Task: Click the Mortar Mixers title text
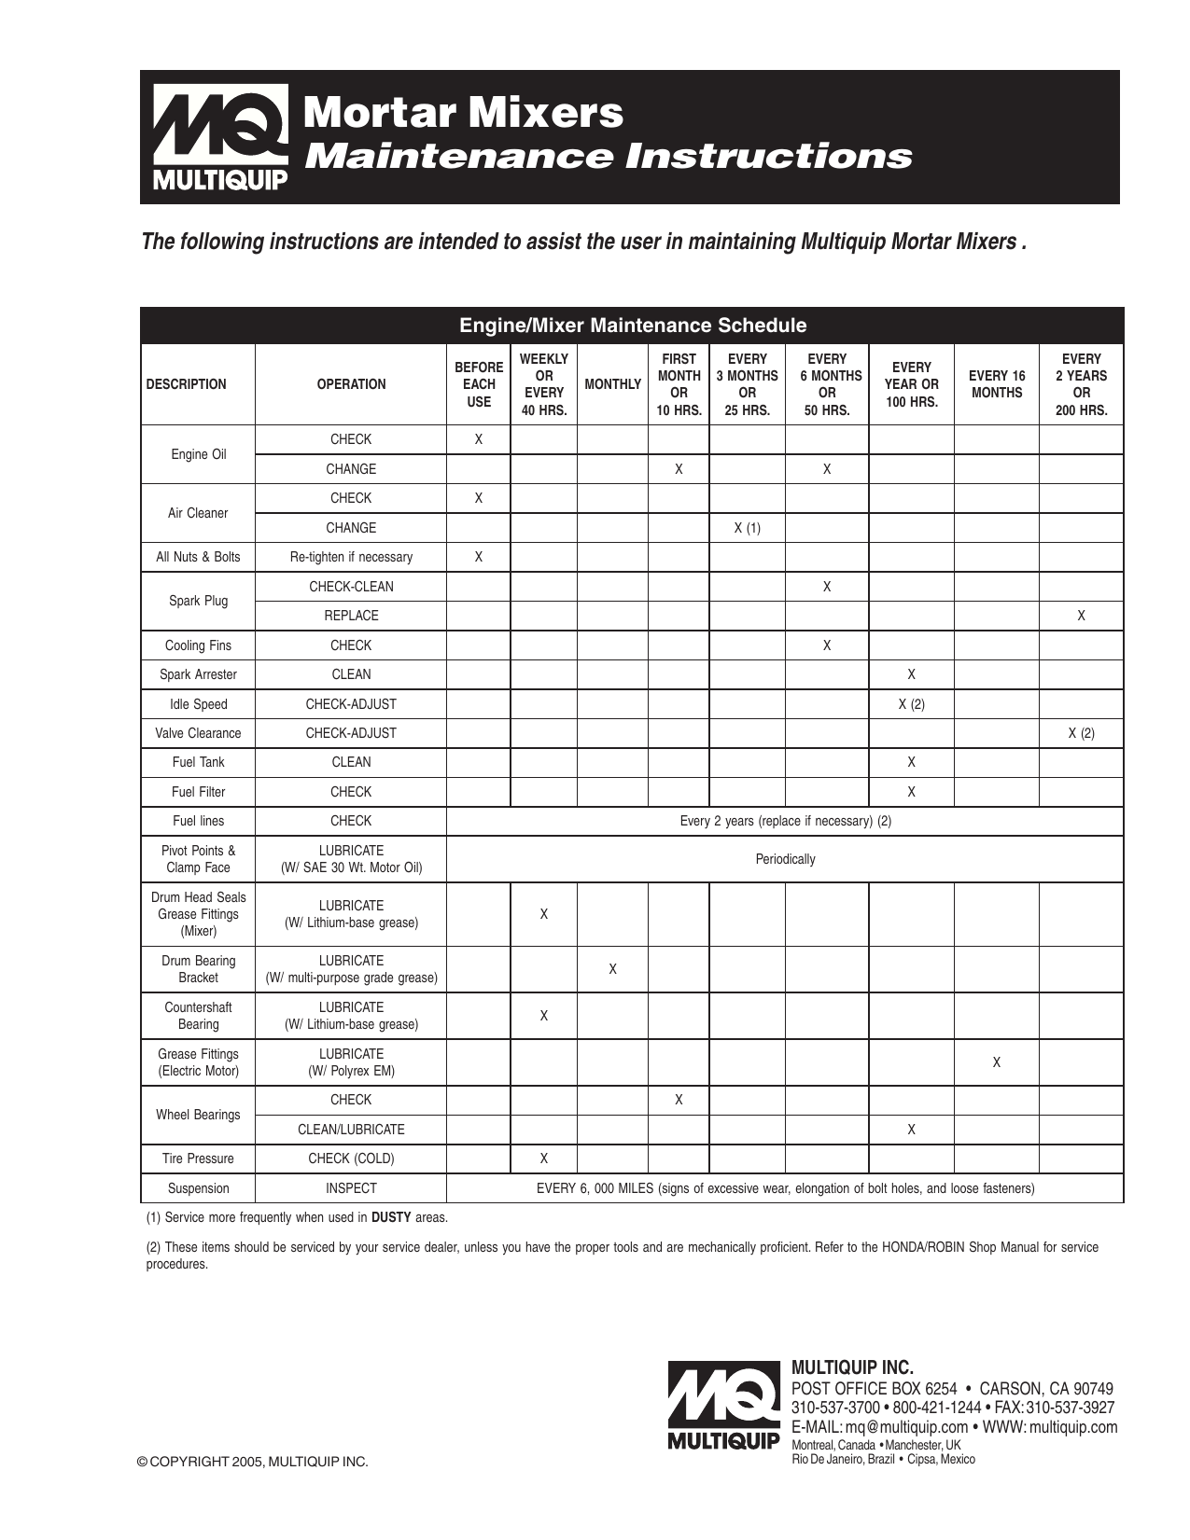point(464,113)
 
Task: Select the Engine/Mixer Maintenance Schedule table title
point(632,326)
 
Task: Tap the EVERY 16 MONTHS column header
point(996,384)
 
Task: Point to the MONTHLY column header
point(612,384)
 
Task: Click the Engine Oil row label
point(198,454)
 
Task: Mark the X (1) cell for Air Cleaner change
point(747,528)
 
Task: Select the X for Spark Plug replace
point(1081,616)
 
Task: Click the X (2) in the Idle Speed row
point(911,704)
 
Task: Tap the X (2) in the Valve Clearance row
point(1081,733)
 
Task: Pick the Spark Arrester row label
point(198,674)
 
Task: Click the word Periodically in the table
point(785,859)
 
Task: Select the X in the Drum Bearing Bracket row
point(612,969)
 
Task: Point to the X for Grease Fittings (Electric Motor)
point(996,1062)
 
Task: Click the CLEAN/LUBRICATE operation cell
point(351,1130)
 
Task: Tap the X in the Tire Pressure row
point(544,1158)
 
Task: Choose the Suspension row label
point(198,1188)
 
